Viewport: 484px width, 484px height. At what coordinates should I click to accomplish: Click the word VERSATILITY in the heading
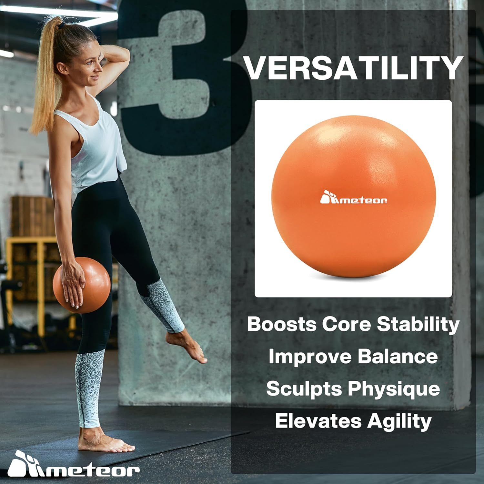(x=353, y=68)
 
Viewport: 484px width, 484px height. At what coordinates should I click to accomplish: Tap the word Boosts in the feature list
(x=281, y=324)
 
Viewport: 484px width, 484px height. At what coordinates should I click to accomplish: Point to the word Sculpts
(x=304, y=389)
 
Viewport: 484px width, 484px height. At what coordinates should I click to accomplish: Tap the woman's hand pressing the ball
(x=73, y=282)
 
